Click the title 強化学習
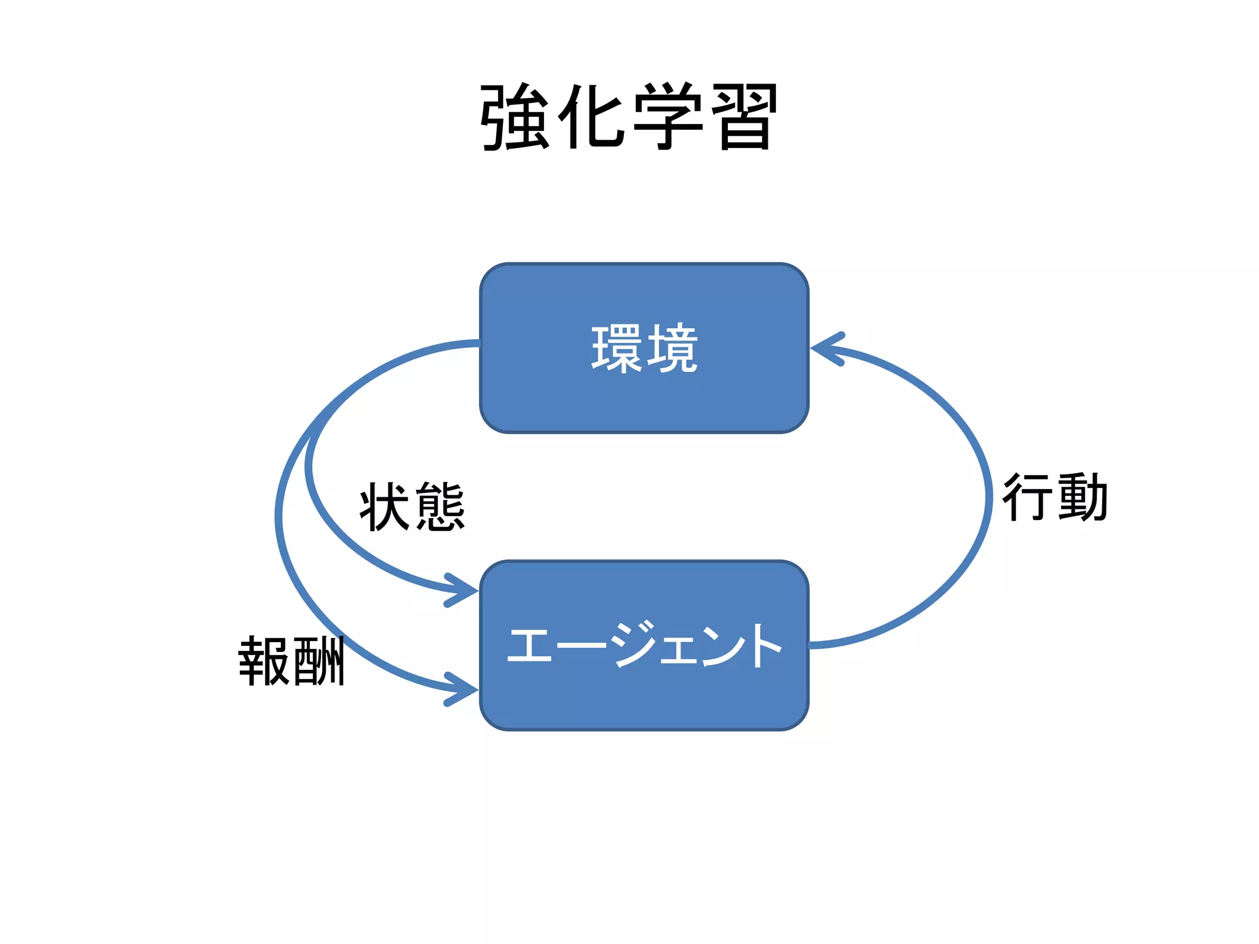tap(629, 117)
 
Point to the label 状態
tap(412, 507)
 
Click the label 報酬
tap(291, 661)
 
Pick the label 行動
tap(1055, 498)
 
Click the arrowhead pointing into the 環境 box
tap(824, 348)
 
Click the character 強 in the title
tap(515, 117)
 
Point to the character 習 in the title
tap(744, 117)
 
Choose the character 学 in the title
tap(668, 117)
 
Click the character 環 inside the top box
tap(617, 348)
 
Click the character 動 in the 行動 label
tap(1083, 498)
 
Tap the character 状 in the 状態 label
tap(385, 507)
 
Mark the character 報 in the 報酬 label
tap(264, 661)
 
